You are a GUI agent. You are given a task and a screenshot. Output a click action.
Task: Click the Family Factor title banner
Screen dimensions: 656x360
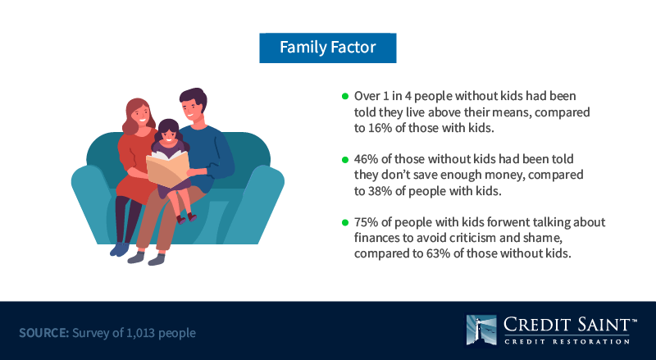pyautogui.click(x=327, y=48)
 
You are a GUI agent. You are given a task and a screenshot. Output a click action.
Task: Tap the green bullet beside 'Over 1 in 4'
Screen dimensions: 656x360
pyautogui.click(x=345, y=96)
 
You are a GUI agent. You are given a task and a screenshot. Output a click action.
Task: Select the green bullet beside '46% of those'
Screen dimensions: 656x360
pyautogui.click(x=345, y=159)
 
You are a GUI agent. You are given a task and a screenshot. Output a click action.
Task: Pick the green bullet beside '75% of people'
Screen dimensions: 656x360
pyautogui.click(x=345, y=222)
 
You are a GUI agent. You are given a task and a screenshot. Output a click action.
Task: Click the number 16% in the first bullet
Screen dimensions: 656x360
pyautogui.click(x=380, y=128)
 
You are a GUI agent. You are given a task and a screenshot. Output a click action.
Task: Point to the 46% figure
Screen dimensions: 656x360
pyautogui.click(x=366, y=159)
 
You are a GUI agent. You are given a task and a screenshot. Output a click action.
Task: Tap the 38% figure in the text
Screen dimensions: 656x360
pyautogui.click(x=380, y=191)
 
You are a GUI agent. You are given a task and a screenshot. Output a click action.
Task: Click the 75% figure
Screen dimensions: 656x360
pyautogui.click(x=366, y=222)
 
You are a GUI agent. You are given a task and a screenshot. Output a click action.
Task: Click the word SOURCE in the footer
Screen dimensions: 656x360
pyautogui.click(x=43, y=333)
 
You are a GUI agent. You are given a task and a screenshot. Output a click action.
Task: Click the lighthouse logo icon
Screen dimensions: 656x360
pyautogui.click(x=481, y=330)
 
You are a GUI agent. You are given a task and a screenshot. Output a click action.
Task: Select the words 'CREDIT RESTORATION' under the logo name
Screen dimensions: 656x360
pyautogui.click(x=567, y=342)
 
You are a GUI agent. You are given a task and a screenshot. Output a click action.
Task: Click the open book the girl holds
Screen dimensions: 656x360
pyautogui.click(x=167, y=168)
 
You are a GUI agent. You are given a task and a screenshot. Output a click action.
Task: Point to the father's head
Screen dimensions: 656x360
pyautogui.click(x=193, y=104)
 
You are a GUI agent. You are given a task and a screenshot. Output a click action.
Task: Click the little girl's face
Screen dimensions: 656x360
pyautogui.click(x=169, y=134)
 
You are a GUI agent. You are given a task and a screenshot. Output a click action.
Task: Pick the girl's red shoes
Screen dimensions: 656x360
pyautogui.click(x=186, y=218)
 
